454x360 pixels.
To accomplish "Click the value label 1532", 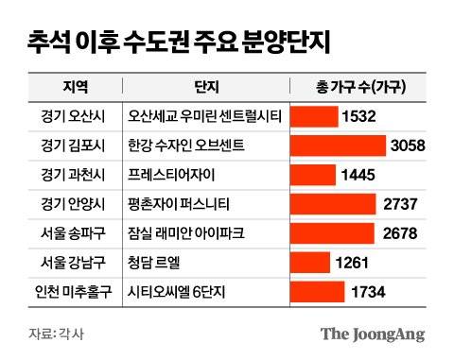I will (x=360, y=116).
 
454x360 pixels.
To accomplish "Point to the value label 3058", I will (x=409, y=146).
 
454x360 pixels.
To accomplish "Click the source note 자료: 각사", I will (x=55, y=334).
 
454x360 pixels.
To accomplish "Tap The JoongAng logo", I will (x=372, y=334).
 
